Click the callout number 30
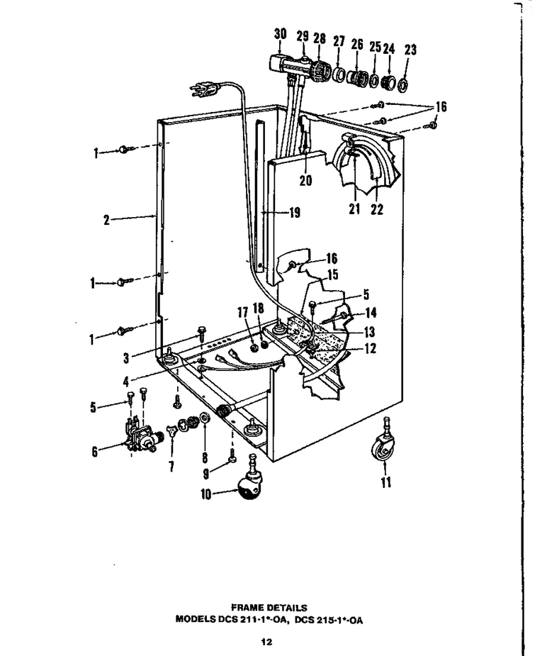[x=281, y=34]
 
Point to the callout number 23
[x=410, y=50]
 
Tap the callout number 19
[x=295, y=213]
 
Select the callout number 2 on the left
[x=106, y=220]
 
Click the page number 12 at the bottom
[x=266, y=642]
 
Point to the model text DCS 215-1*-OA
[x=329, y=620]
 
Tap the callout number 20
[x=305, y=180]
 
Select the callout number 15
[x=332, y=275]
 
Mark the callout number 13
[x=369, y=332]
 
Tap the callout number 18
[x=258, y=308]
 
